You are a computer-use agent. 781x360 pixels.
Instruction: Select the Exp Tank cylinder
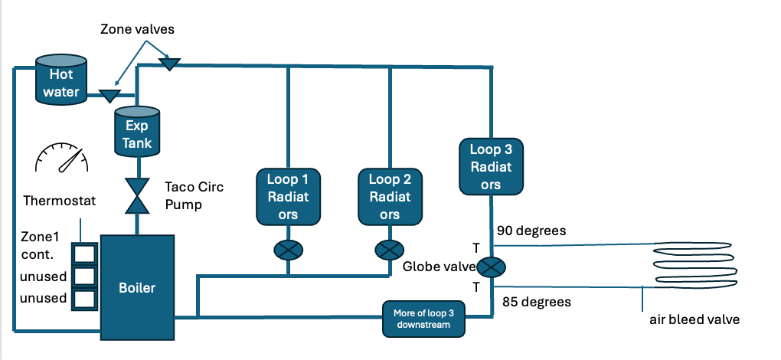pyautogui.click(x=137, y=133)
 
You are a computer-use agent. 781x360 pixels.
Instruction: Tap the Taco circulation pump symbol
pyautogui.click(x=138, y=195)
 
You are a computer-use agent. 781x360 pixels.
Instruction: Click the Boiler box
pyautogui.click(x=137, y=287)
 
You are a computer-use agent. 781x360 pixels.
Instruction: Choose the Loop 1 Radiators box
pyautogui.click(x=287, y=197)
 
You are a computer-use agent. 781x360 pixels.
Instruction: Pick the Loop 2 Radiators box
pyautogui.click(x=390, y=197)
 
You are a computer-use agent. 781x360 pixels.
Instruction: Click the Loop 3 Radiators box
pyautogui.click(x=491, y=165)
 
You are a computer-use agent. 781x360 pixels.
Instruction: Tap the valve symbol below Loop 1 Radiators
pyautogui.click(x=288, y=250)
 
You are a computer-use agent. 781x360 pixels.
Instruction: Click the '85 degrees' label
pyautogui.click(x=536, y=302)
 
